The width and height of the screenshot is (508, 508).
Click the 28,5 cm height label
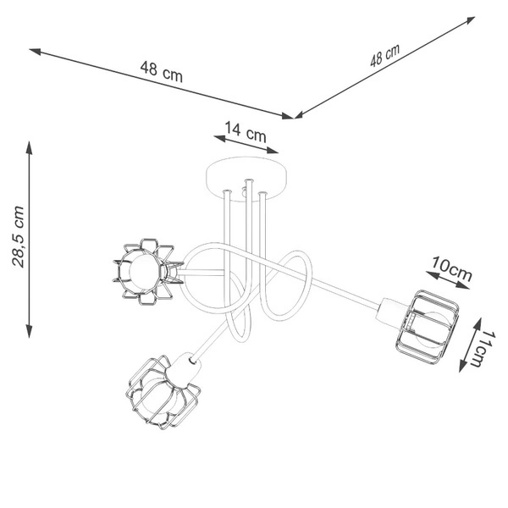pos(18,236)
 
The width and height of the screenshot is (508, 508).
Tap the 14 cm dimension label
pos(246,132)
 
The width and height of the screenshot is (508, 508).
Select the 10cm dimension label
pos(451,268)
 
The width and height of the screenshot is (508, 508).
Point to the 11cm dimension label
pos(484,349)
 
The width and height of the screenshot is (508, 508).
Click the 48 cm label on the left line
pos(162,72)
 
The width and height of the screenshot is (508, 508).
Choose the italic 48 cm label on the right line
pos(385,55)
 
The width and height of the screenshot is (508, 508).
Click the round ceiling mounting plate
pos(247,179)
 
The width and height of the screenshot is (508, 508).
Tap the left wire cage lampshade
pos(147,272)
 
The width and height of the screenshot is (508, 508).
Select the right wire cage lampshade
pos(427,327)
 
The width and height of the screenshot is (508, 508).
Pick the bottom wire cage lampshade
pos(162,393)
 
